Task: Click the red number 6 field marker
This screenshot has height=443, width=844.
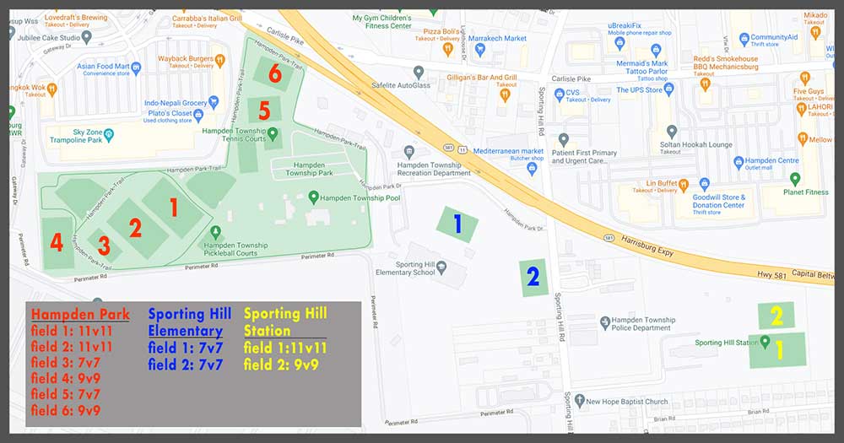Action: point(275,74)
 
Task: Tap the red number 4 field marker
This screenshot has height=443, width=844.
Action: point(57,243)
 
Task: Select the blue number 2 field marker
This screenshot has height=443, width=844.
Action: point(533,277)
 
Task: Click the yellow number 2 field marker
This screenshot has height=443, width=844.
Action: point(776,316)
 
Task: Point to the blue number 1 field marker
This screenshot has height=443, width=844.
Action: point(457,224)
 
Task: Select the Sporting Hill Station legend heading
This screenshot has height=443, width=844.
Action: point(285,322)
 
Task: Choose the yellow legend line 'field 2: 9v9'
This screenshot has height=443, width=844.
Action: point(281,365)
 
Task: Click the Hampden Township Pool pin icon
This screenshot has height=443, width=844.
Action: point(313,197)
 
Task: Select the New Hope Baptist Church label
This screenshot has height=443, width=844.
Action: point(627,402)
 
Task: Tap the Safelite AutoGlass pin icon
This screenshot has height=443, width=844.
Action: point(419,73)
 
